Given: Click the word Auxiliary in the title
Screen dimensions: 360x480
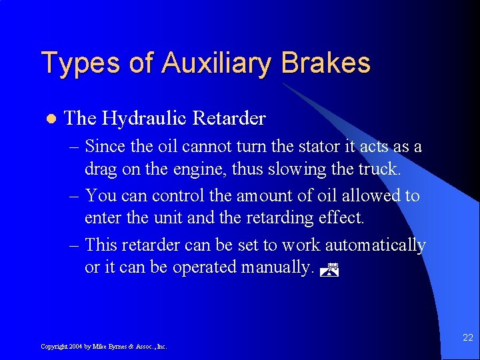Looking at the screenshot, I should [217, 63].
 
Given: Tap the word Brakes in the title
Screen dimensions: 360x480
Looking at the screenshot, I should [326, 63].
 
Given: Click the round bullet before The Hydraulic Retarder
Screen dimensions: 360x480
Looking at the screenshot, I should [47, 119].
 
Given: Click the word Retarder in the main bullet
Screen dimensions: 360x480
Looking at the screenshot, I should [229, 119].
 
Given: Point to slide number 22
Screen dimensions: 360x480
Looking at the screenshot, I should [467, 338].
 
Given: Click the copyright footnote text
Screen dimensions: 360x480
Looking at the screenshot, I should [103, 347].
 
